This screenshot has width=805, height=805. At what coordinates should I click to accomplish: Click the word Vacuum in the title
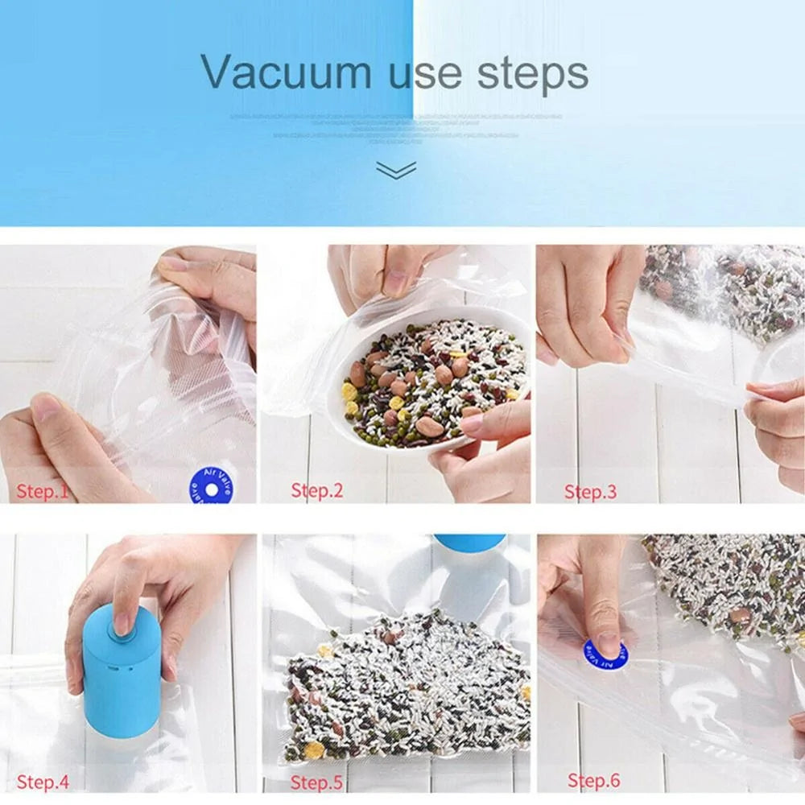(286, 72)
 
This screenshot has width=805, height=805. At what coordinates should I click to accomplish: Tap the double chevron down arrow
(396, 169)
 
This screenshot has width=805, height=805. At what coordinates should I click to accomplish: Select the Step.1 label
(43, 491)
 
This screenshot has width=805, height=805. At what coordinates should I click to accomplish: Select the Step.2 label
(317, 489)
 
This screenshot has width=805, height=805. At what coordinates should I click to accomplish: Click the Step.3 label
(590, 491)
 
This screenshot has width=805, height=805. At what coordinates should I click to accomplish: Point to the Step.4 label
(43, 781)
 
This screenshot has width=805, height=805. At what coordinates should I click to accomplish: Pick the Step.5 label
(317, 782)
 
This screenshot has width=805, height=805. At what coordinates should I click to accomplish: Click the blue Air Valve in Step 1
(212, 488)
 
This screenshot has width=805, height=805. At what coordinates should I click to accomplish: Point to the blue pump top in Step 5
(469, 543)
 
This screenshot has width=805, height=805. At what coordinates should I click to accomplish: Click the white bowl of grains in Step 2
(431, 378)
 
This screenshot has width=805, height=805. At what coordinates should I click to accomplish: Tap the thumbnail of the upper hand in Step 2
(395, 283)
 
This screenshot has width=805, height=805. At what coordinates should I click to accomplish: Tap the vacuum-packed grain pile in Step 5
(402, 684)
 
